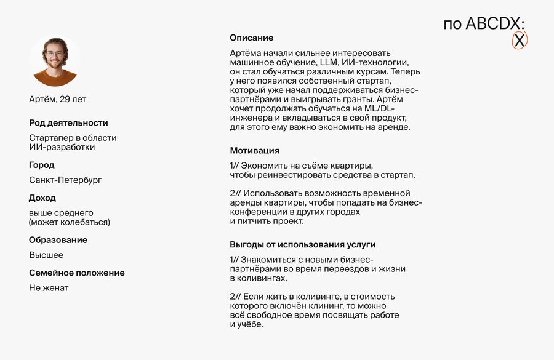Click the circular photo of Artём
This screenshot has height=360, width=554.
coord(55,60)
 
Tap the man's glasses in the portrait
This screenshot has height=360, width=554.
coord(55,54)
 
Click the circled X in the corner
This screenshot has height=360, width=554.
coord(520,41)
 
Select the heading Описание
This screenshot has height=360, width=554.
coord(251,38)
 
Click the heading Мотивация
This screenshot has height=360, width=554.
coord(254,150)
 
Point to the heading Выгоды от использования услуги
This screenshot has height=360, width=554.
coord(302,244)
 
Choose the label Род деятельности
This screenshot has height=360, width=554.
coord(68,122)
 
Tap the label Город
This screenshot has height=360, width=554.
coord(41,165)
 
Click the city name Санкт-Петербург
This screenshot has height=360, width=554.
coord(65,180)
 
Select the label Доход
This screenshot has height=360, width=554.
coord(42,198)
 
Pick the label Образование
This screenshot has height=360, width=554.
coord(58,239)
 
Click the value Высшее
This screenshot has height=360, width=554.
coord(46,255)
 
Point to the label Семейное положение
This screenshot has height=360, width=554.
coord(76,273)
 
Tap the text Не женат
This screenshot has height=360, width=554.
coord(49,287)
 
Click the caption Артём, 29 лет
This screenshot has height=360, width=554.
coord(58,99)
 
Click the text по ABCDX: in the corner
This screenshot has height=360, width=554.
coord(484,23)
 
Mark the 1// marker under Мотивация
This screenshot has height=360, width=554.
coord(234,166)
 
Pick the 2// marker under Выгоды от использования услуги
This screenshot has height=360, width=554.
coord(235,296)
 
